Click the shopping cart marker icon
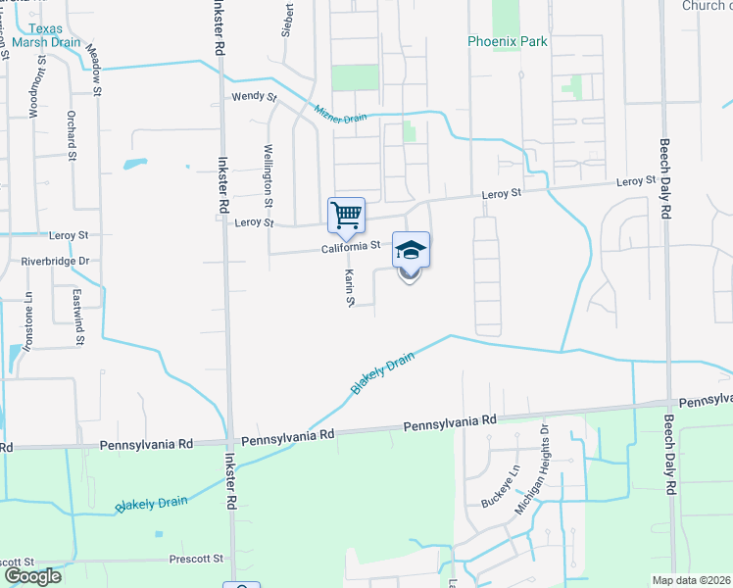pos(346,215)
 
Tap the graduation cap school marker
pos(411,250)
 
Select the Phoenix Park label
pos(508,42)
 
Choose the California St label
pos(350,248)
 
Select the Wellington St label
pos(268,182)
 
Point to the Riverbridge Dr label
pos(55,262)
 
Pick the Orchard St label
pos(73,141)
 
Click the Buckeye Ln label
pos(499,486)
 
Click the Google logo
pos(31,576)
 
